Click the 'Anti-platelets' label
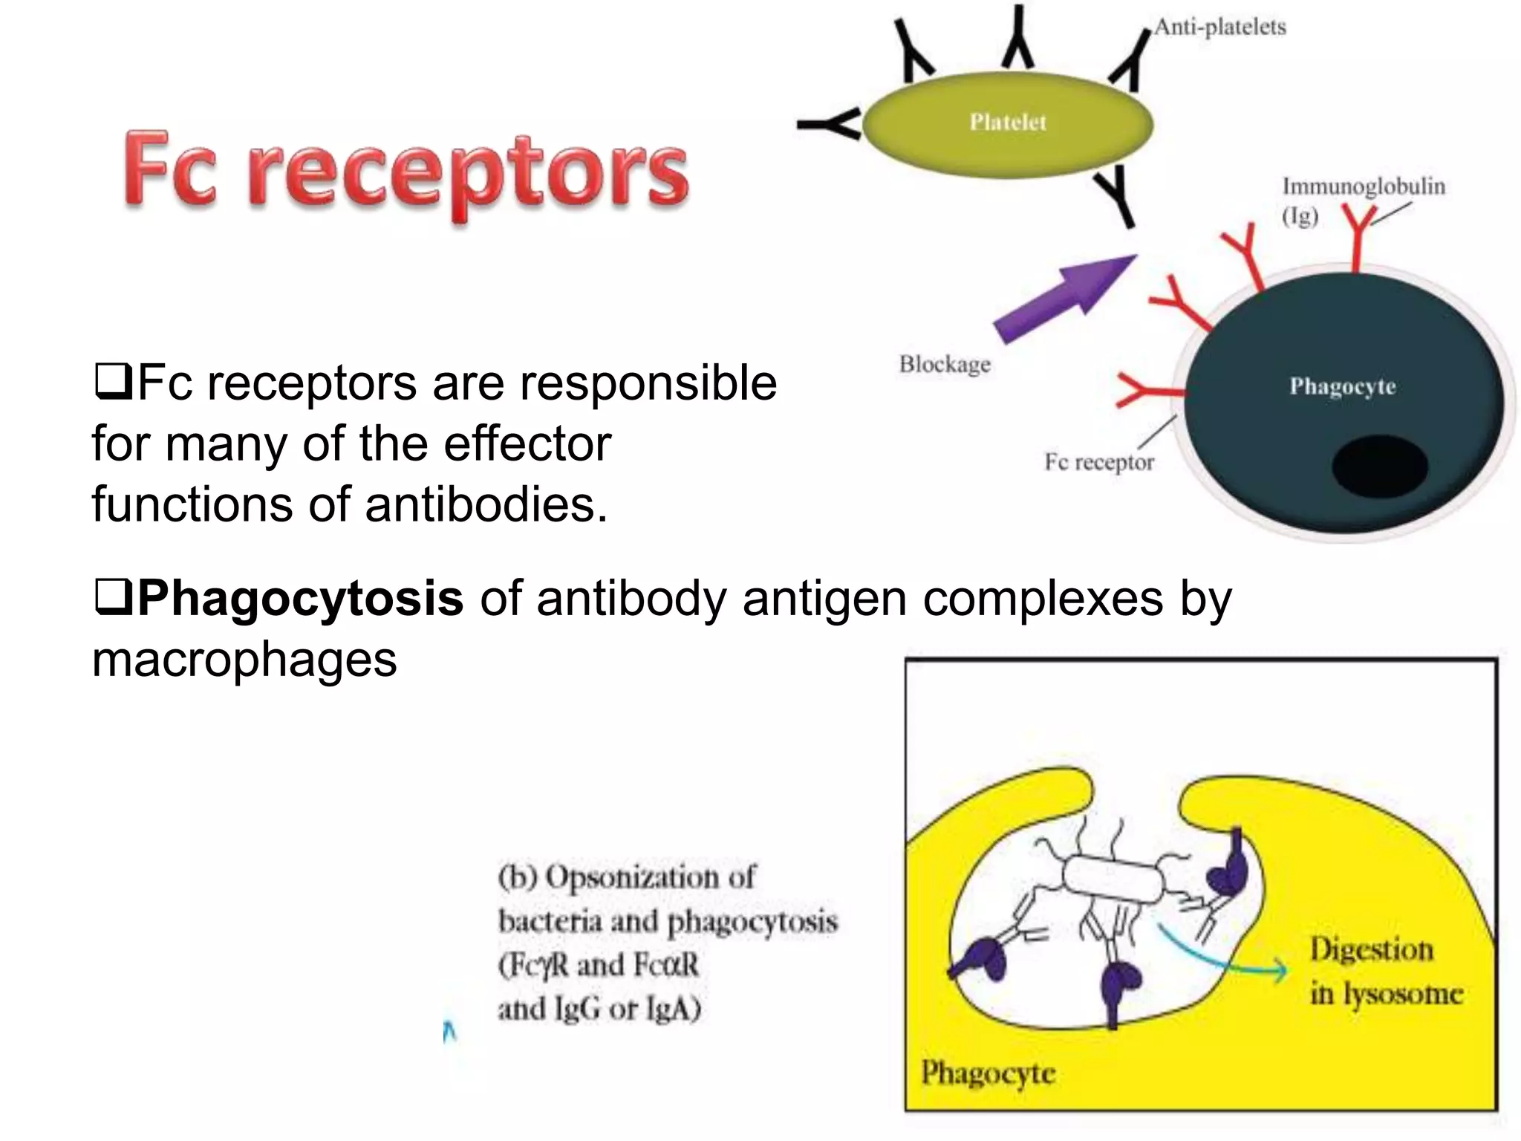[x=1219, y=27]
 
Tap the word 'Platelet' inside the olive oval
[x=1007, y=122]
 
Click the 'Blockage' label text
[x=945, y=364]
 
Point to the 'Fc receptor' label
[x=1099, y=462]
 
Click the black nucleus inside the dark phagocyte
[x=1379, y=467]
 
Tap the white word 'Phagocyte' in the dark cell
[x=1342, y=386]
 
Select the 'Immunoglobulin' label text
[x=1364, y=186]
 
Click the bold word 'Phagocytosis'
[x=301, y=597]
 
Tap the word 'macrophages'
[x=244, y=659]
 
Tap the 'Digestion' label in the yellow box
[x=1371, y=949]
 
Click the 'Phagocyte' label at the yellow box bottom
[x=988, y=1073]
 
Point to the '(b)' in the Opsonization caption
[x=518, y=877]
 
